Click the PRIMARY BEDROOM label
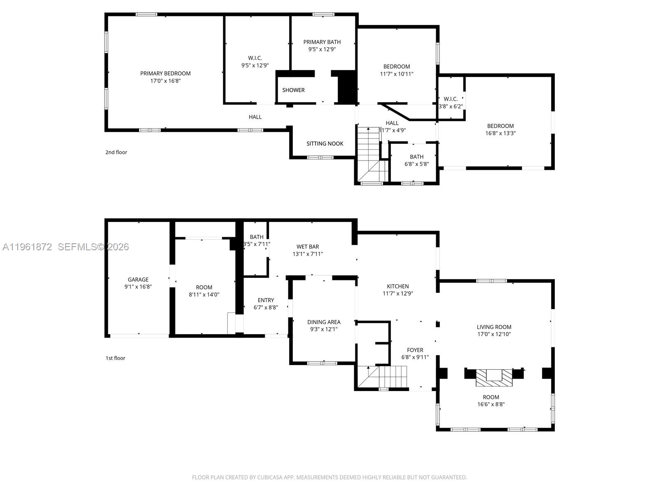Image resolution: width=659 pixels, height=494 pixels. pos(165,73)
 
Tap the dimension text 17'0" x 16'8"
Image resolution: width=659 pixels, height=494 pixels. pos(165,81)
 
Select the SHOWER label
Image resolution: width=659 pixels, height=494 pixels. pos(293,90)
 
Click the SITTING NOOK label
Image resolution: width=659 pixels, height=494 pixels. pos(325,144)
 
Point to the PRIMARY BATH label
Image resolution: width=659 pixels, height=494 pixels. pos(322,42)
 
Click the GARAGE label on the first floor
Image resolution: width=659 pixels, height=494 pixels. pos(138,280)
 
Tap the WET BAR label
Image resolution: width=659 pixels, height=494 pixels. pos(308,247)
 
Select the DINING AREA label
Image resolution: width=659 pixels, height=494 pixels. pos(324,322)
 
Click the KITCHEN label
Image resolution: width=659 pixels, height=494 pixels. pos(397,286)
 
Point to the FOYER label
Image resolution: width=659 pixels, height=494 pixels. pos(415,350)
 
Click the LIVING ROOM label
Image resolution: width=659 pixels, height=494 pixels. pos(494,327)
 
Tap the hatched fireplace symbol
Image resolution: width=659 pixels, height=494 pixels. pos(494,378)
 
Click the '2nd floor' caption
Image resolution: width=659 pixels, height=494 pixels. pos(116,152)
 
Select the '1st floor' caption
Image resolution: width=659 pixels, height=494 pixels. pos(115,358)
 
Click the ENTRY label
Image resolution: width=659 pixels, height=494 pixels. pos(266,300)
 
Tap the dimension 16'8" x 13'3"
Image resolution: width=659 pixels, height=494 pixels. pos(500,133)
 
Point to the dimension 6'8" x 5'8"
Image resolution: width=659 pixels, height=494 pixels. pos(416,164)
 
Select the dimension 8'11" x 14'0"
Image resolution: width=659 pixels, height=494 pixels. pos(204,295)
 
